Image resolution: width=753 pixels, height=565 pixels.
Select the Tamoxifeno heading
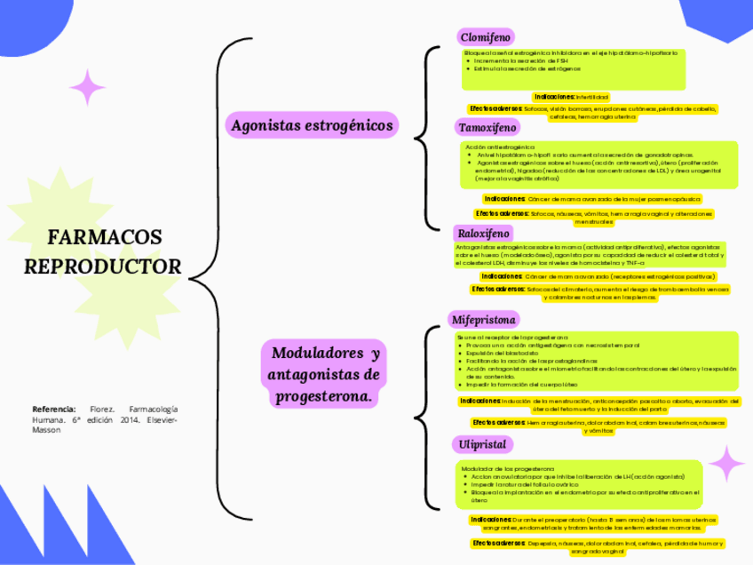[x=487, y=128]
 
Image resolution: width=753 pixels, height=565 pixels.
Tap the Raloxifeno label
[x=484, y=233]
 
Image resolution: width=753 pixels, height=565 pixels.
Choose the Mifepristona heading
[x=485, y=319]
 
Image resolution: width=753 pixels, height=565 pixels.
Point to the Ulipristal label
[x=482, y=443]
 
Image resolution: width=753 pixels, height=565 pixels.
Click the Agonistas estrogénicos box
[x=312, y=126]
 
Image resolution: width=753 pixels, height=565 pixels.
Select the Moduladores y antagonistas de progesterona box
[x=325, y=375]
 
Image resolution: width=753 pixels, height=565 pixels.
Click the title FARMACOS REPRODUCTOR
[x=104, y=251]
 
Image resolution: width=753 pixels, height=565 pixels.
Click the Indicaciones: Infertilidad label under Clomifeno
[x=571, y=96]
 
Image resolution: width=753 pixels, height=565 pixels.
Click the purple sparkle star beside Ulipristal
[x=726, y=464]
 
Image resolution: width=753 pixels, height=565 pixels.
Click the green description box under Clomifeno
[x=573, y=69]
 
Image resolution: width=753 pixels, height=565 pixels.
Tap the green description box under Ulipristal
[x=579, y=484]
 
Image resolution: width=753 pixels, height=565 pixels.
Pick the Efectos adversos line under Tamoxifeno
[x=594, y=217]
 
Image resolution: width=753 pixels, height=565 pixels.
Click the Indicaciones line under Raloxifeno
[x=591, y=276]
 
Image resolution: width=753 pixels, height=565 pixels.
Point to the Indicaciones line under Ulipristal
[x=593, y=523]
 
